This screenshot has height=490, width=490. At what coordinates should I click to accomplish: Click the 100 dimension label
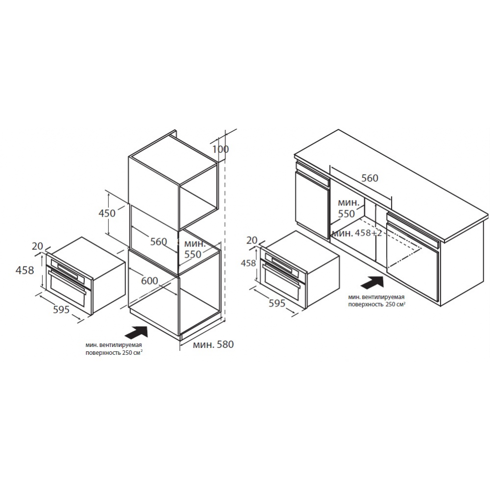tap(220, 149)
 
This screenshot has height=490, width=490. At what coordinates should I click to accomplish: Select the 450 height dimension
tap(107, 213)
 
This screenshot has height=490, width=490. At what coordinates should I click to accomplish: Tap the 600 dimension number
tap(149, 281)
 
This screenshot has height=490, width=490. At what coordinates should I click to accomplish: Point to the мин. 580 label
tap(213, 344)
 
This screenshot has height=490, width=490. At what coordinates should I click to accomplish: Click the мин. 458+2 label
tap(357, 233)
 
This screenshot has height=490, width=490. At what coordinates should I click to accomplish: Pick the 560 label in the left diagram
tap(158, 242)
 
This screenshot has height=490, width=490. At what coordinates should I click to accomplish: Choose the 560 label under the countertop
tap(369, 178)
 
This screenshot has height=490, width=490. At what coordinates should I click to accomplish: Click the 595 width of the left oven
tap(61, 309)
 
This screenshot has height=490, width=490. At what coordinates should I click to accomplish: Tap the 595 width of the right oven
tap(277, 303)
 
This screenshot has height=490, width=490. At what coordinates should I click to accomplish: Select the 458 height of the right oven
tap(248, 263)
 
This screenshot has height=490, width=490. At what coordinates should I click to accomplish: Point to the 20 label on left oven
tap(37, 246)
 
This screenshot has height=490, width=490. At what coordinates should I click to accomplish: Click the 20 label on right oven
tap(252, 240)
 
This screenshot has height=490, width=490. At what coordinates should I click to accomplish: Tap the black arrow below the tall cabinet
tap(136, 332)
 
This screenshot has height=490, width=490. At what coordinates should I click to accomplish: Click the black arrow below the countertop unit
tap(372, 283)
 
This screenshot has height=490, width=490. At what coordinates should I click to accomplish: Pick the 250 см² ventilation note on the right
tap(377, 301)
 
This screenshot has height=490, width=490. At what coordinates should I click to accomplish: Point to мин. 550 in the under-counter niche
tap(348, 208)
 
